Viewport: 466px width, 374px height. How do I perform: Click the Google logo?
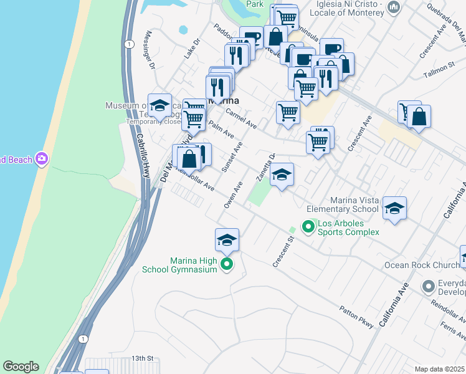[21, 367]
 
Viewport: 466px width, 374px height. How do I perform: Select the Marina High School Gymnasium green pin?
[227, 265]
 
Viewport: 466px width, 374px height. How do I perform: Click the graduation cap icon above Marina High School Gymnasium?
[227, 239]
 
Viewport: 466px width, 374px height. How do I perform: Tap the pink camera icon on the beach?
[42, 159]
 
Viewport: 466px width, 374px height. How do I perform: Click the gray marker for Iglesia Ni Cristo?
[393, 7]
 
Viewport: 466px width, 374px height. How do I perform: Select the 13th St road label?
[142, 358]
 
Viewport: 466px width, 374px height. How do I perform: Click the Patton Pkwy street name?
[356, 317]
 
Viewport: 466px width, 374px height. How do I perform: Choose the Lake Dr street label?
[191, 50]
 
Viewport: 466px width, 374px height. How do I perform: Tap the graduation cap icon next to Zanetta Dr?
[282, 175]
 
